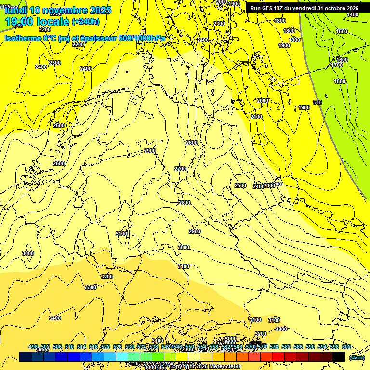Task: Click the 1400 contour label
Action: click(353, 14)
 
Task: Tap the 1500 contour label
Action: click(341, 31)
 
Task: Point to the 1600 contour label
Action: click(342, 60)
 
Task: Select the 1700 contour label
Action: click(337, 65)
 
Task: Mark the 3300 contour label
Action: click(90, 287)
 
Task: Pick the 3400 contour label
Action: click(55, 318)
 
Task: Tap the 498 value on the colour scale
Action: click(33, 347)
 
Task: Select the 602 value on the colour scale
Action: click(346, 347)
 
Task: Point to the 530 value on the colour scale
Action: click(130, 347)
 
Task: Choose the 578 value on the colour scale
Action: click(274, 347)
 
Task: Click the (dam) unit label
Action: click(357, 357)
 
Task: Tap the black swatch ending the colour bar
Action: click(339, 357)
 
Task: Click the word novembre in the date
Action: click(60, 10)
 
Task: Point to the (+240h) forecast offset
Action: click(86, 22)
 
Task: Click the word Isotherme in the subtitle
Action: click(23, 38)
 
